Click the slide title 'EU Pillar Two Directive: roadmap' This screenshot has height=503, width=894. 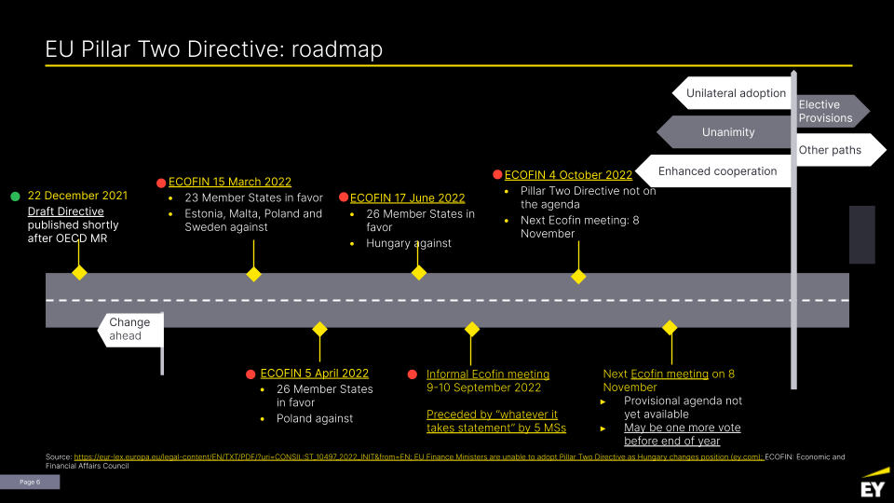point(214,49)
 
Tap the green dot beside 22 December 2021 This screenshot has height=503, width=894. point(15,197)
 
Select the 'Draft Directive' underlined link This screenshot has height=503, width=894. point(65,211)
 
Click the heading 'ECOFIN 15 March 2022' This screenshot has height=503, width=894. point(229,182)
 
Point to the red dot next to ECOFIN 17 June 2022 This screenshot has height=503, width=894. point(344,197)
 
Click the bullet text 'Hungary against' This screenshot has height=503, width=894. point(408,243)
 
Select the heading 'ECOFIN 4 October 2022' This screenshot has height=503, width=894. point(568,174)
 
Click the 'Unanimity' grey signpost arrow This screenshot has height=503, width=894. point(726,132)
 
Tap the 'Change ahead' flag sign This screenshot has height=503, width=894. point(130,329)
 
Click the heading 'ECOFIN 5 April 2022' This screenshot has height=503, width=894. point(315,374)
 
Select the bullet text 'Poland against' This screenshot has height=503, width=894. point(315,418)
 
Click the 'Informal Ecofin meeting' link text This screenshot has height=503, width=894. point(488,374)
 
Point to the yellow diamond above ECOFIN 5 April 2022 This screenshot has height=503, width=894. point(319,329)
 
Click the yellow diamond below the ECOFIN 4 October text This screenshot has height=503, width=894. point(578,277)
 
